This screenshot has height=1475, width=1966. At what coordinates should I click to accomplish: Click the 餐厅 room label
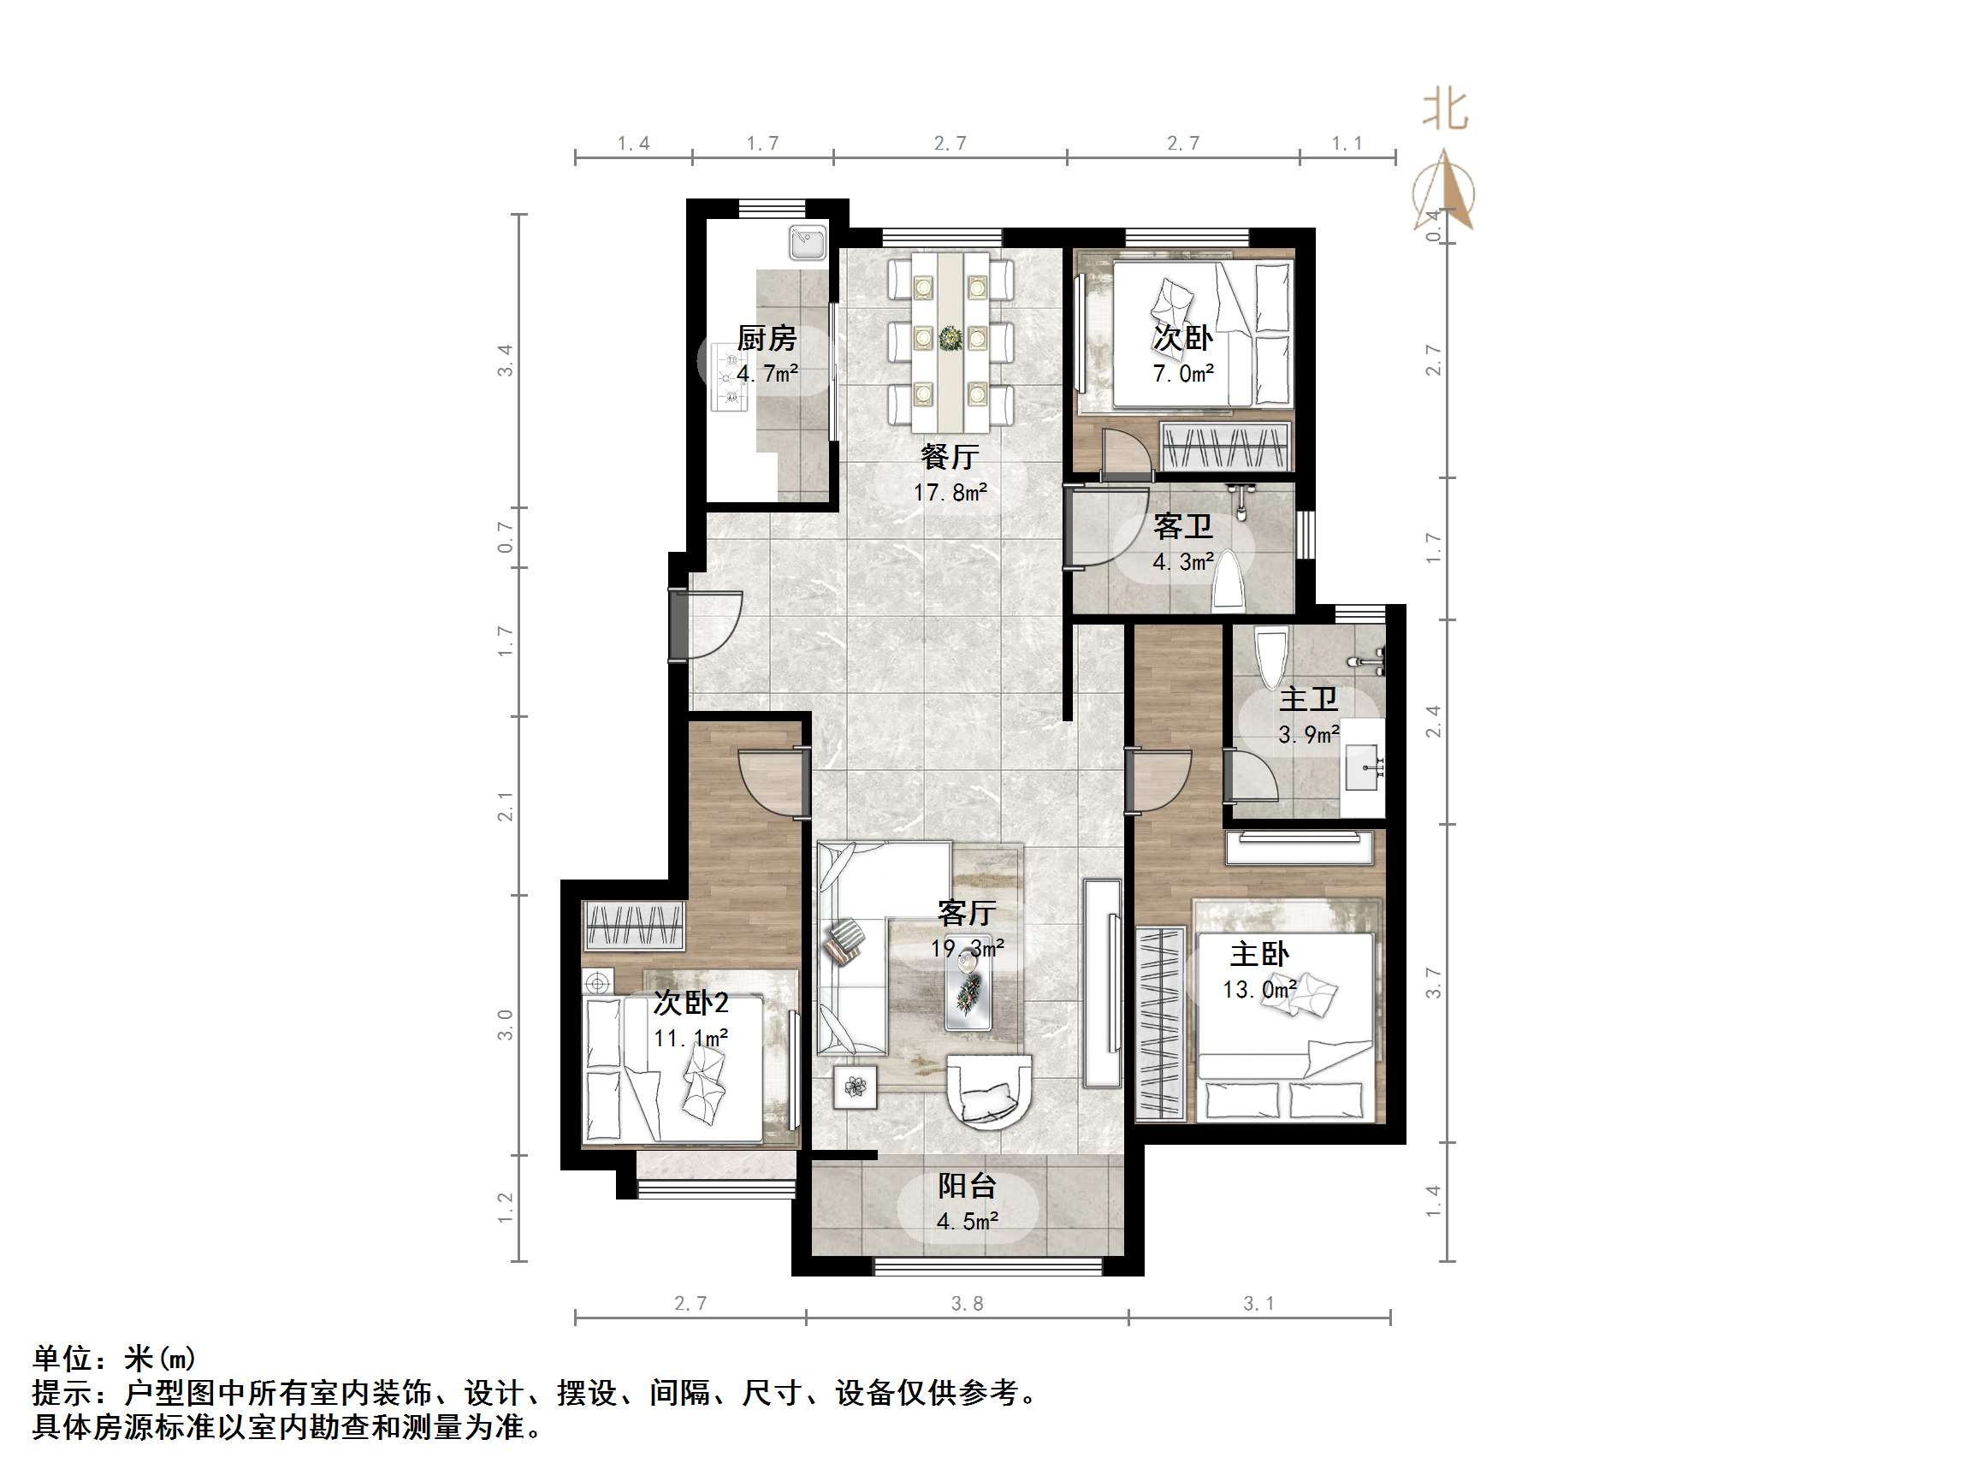pyautogui.click(x=950, y=457)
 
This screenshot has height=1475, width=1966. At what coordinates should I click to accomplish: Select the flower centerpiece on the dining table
pyautogui.click(x=950, y=339)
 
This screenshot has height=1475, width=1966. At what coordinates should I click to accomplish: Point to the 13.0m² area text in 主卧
pyautogui.click(x=1259, y=990)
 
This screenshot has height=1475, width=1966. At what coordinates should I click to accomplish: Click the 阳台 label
pyautogui.click(x=967, y=1186)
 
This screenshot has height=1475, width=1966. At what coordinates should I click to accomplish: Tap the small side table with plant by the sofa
pyautogui.click(x=855, y=1087)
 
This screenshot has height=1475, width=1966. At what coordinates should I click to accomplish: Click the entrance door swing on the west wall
pyautogui.click(x=711, y=625)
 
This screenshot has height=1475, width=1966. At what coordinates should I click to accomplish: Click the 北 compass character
pyautogui.click(x=1445, y=110)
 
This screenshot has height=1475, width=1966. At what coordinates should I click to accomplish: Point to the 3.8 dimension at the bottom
pyautogui.click(x=967, y=1303)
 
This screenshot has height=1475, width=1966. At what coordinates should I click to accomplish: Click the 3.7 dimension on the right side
pyautogui.click(x=1433, y=982)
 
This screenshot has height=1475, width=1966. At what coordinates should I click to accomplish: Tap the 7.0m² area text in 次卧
pyautogui.click(x=1183, y=373)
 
